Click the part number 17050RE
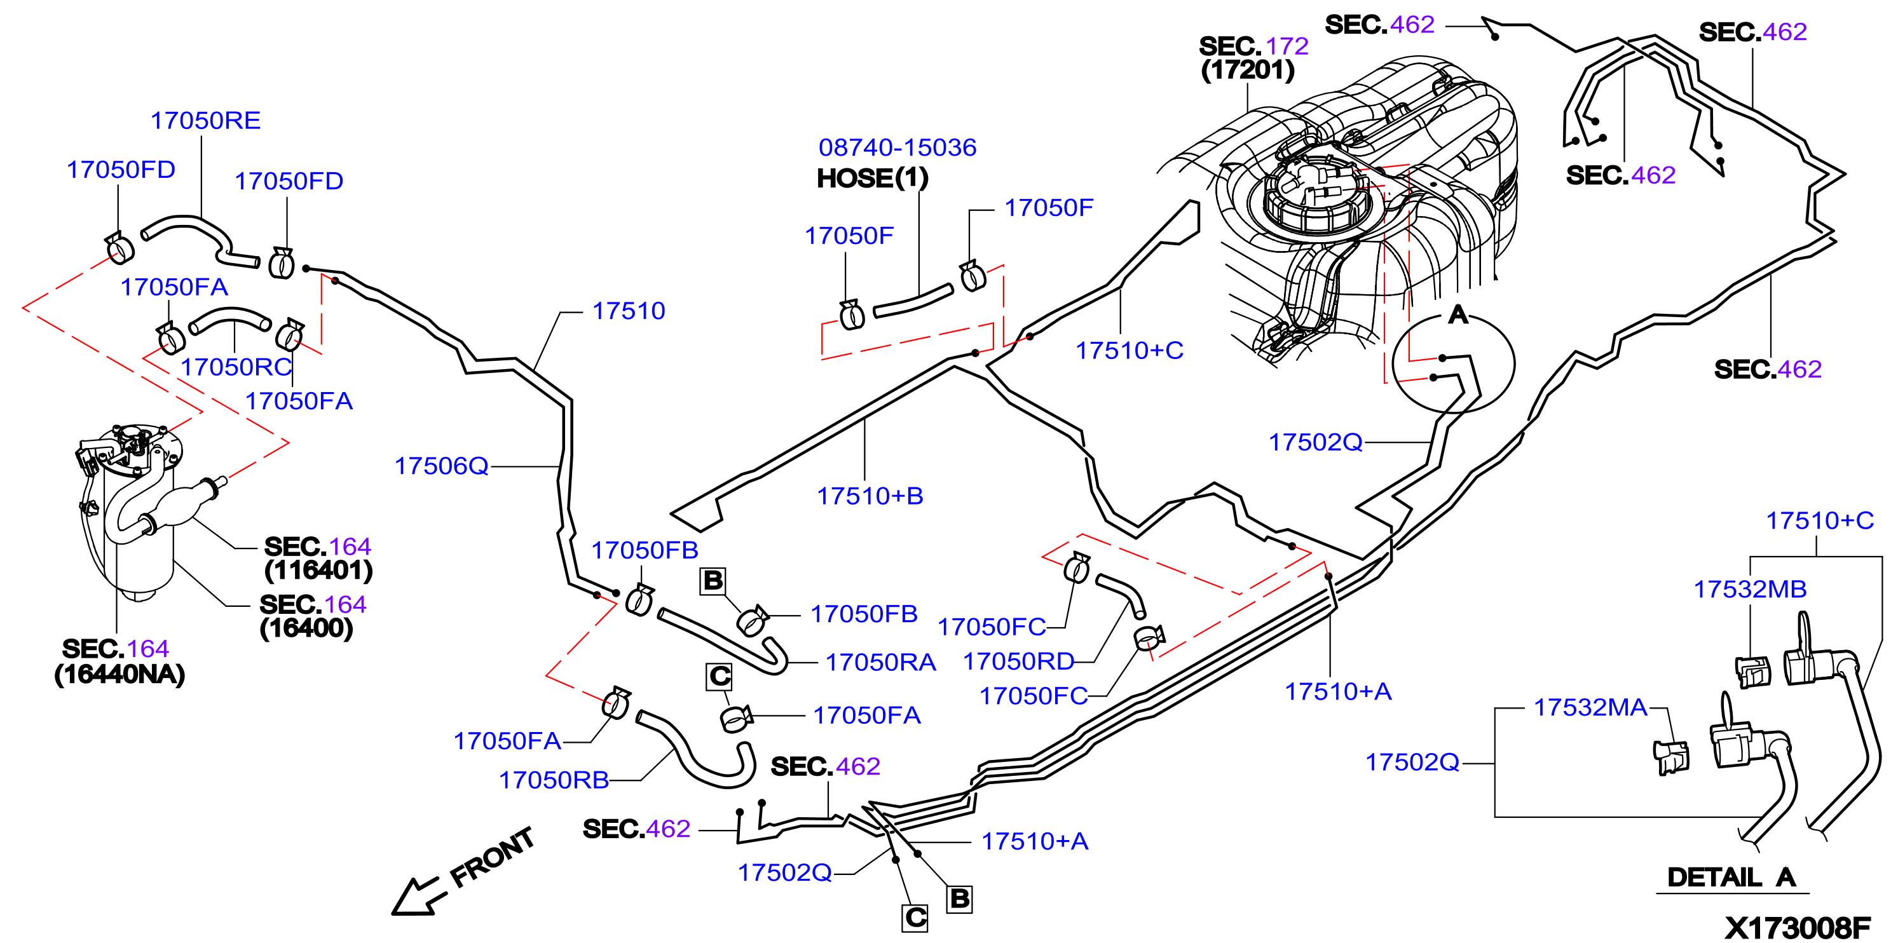(x=205, y=120)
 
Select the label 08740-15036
(x=898, y=147)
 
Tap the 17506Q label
(x=441, y=466)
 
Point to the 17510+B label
(x=870, y=496)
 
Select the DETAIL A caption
(x=1731, y=878)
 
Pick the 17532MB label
(x=1750, y=590)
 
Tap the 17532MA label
(x=1590, y=707)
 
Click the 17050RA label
(x=880, y=662)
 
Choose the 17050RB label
(x=554, y=780)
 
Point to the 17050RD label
(x=1019, y=661)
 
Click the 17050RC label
(x=236, y=367)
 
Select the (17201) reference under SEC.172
(x=1247, y=70)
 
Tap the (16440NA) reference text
(x=119, y=674)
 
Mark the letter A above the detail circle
(x=1458, y=315)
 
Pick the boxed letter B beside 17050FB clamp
(x=713, y=581)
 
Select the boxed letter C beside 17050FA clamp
(x=720, y=676)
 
